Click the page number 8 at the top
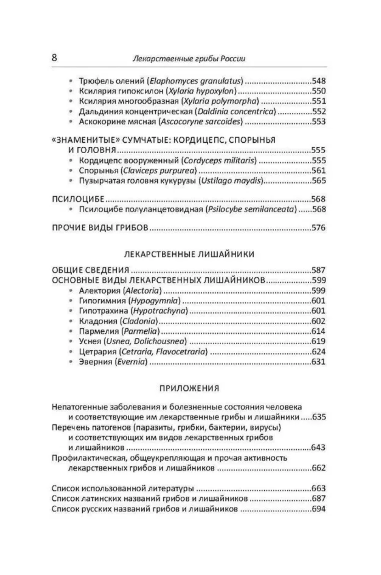(54, 58)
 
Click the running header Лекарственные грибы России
(189, 58)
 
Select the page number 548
(318, 81)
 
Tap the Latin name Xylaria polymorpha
(220, 101)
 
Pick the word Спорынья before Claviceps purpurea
(95, 171)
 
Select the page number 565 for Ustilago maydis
(318, 181)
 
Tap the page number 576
(318, 228)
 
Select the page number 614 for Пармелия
(318, 331)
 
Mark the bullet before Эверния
(71, 362)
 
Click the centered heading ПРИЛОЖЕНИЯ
(189, 388)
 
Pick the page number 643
(318, 448)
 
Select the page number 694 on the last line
(318, 509)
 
